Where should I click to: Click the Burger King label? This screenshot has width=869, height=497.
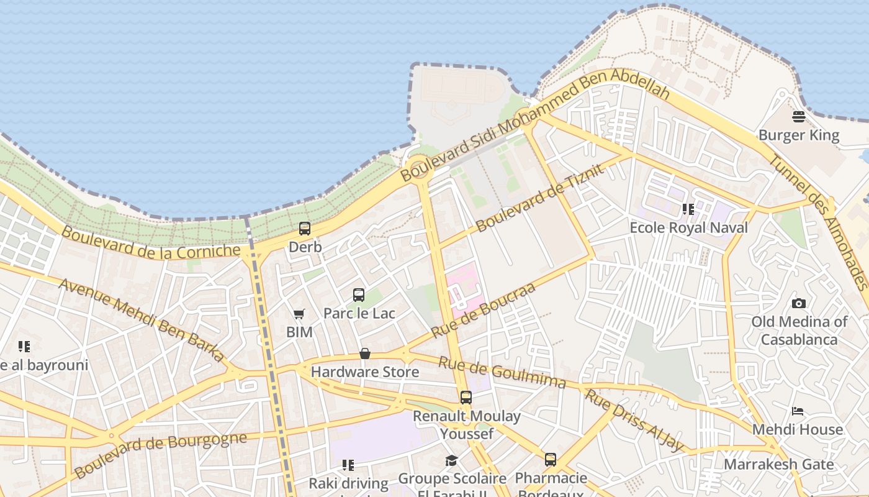tap(798, 135)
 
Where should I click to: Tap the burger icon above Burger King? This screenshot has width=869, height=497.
tap(799, 117)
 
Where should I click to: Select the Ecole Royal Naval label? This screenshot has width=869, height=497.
tap(688, 227)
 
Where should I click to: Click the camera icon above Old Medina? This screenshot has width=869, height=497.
tap(799, 303)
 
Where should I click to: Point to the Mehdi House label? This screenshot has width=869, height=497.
tap(798, 429)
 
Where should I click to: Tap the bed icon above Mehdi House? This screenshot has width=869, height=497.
tap(798, 411)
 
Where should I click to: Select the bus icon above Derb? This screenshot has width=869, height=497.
tap(305, 229)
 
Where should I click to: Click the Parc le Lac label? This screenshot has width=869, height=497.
tap(359, 313)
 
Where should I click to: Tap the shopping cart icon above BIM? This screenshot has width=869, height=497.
tap(299, 314)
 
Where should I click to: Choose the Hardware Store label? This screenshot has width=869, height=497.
tap(365, 372)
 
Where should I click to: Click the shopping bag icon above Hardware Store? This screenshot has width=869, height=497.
tap(365, 354)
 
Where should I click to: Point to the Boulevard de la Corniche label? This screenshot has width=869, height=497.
tap(151, 243)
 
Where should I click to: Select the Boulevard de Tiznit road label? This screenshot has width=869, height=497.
tap(539, 198)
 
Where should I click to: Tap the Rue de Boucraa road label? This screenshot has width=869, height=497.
tap(483, 311)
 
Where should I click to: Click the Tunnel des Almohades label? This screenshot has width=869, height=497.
tap(817, 221)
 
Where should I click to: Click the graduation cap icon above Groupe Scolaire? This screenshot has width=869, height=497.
tap(451, 461)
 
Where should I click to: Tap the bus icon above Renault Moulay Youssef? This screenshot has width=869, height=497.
tap(466, 398)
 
